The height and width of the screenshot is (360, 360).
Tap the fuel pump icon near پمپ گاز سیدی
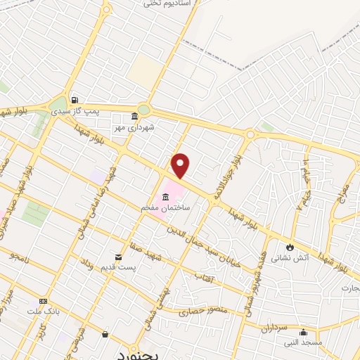click(x=74, y=99)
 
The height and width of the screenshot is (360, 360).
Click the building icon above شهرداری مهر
click(x=135, y=117)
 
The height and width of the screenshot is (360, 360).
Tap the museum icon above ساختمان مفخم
click(x=165, y=196)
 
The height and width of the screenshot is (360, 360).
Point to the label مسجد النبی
click(x=303, y=344)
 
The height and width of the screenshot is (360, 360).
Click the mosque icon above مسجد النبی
click(x=303, y=333)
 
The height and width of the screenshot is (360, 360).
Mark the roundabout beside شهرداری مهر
click(x=144, y=109)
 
